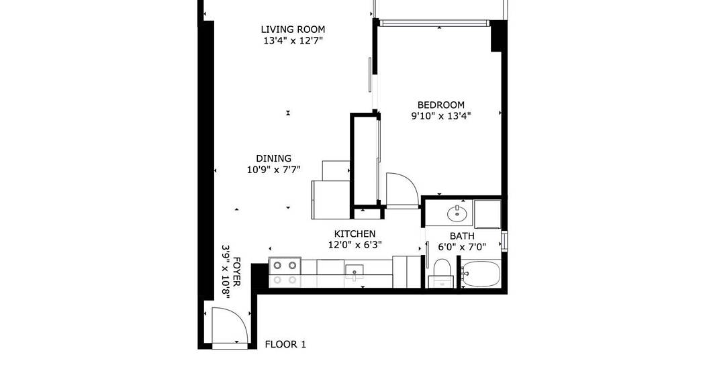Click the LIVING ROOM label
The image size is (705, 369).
(x=293, y=30)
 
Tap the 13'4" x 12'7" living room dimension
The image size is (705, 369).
(x=293, y=41)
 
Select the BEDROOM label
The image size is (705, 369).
(x=440, y=105)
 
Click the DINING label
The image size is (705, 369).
(x=273, y=158)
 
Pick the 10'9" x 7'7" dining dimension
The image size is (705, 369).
(x=273, y=170)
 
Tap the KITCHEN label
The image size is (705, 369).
(x=355, y=234)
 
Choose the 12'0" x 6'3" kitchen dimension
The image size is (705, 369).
(x=355, y=246)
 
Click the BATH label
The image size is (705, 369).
(x=462, y=236)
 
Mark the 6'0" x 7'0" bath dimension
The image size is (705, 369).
(x=462, y=247)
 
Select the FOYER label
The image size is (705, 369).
(x=237, y=272)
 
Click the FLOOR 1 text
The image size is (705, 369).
(x=285, y=345)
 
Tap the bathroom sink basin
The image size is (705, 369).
(x=457, y=213)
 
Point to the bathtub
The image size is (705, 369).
(x=481, y=274)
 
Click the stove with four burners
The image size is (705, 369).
(x=285, y=272)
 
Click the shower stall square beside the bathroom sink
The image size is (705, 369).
(x=487, y=214)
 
